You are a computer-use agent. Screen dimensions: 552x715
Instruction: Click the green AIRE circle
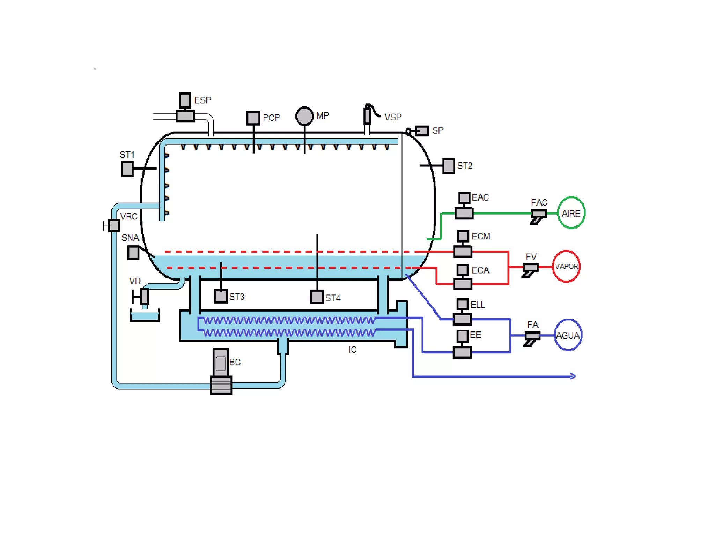[571, 213]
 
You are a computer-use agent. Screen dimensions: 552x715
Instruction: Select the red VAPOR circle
[566, 267]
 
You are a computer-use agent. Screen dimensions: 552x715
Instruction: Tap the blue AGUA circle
[568, 335]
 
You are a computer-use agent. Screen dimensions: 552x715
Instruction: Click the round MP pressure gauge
[304, 116]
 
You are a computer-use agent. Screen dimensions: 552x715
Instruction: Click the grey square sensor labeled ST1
[127, 169]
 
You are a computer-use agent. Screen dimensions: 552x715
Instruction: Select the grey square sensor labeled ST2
[448, 166]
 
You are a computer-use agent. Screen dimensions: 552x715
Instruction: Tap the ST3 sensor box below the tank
[221, 296]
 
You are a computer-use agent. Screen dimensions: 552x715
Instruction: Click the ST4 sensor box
[317, 297]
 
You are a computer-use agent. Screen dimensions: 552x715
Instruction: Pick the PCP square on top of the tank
[253, 118]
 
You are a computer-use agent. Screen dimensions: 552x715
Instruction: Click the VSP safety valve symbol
[368, 114]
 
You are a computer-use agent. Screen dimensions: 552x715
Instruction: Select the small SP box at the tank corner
[422, 131]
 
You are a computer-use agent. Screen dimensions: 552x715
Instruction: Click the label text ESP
[202, 100]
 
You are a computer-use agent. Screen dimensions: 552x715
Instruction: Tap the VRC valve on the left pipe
[114, 226]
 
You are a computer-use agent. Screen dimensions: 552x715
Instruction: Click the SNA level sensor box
[133, 253]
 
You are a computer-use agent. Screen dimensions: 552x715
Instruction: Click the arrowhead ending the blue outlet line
[573, 376]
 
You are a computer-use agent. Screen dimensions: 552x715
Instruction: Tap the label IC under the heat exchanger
[352, 350]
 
